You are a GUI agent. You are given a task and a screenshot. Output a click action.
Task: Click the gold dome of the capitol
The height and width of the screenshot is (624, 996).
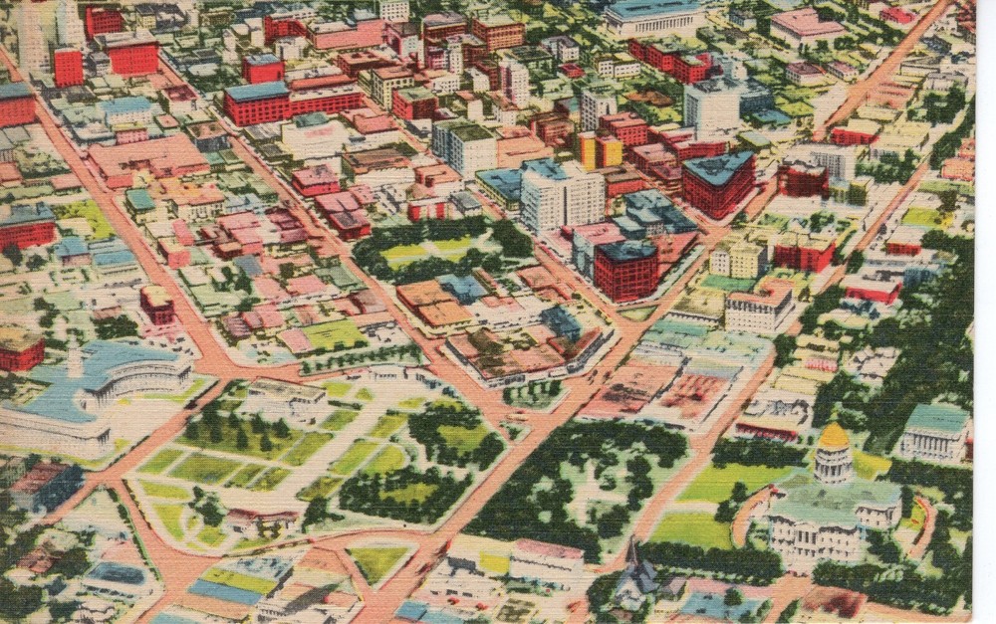(834, 437)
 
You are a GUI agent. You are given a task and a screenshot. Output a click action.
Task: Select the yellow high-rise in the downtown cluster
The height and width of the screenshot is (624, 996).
(600, 150)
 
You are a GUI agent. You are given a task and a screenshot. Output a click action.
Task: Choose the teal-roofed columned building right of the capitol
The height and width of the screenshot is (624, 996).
(935, 432)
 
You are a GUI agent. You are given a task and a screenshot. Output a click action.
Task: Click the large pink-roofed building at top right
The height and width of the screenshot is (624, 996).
(807, 25)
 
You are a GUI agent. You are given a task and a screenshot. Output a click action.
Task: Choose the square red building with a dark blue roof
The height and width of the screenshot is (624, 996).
(625, 269)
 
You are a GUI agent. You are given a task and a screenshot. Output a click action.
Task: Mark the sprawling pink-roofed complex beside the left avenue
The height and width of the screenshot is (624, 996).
(149, 157)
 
